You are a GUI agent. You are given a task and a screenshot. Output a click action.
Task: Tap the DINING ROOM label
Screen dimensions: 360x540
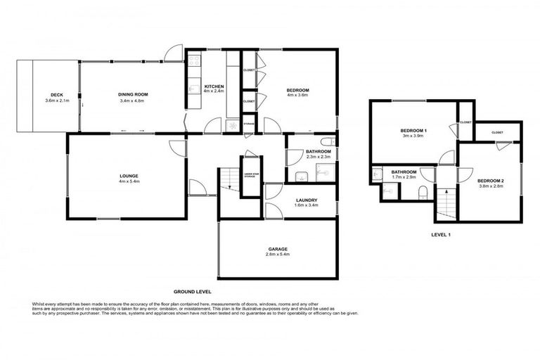click(132, 95)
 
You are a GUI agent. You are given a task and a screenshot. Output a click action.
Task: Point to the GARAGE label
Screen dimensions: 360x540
click(277, 249)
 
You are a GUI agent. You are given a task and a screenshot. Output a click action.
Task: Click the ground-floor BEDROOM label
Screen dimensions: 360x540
click(298, 90)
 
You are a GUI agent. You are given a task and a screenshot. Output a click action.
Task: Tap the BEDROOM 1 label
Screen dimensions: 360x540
click(414, 131)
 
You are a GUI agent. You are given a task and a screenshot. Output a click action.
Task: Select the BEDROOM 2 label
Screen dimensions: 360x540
click(491, 181)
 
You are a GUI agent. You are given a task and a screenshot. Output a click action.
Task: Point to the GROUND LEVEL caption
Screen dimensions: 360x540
click(192, 290)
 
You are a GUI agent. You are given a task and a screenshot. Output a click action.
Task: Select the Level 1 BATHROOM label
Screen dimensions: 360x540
click(404, 172)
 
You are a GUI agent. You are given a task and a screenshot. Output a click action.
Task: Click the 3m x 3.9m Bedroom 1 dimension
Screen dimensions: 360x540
click(414, 136)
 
